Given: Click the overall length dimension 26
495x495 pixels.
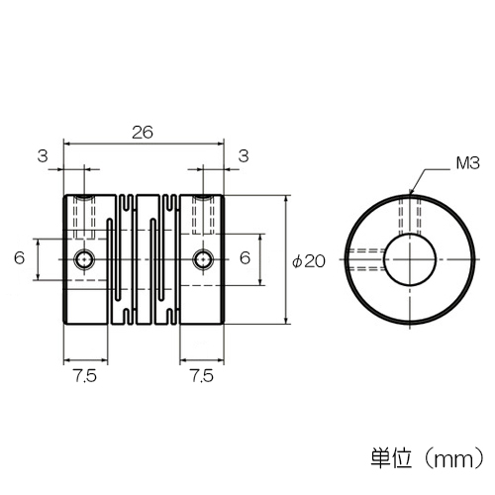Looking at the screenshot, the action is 143,133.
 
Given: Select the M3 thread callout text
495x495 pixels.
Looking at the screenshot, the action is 467,163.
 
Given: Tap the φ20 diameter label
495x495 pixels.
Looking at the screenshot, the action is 309,261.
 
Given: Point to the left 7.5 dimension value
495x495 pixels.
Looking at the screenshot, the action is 85,376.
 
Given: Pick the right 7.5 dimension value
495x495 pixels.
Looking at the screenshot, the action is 202,376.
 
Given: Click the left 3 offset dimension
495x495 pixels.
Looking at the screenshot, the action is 43,155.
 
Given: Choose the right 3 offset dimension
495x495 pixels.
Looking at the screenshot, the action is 244,155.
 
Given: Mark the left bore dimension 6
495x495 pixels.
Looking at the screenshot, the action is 20,257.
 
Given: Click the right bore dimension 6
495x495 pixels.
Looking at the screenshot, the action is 245,257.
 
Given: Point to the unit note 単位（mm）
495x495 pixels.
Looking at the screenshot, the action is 428,457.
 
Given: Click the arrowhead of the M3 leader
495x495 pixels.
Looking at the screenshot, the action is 410,192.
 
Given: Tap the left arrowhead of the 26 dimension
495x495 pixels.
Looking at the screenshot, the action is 67,144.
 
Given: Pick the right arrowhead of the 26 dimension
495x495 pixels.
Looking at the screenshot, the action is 220,144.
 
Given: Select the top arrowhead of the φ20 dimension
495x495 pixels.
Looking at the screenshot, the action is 286,199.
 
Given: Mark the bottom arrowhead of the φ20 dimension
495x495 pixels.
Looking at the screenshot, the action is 286,320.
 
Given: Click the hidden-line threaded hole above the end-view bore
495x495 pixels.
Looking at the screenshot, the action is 410,216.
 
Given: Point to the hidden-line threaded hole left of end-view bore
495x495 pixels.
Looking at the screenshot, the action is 365,259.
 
